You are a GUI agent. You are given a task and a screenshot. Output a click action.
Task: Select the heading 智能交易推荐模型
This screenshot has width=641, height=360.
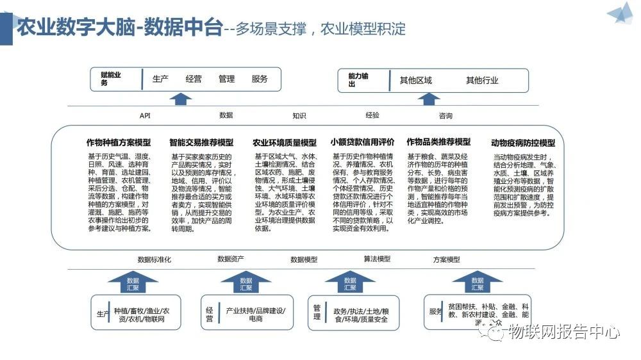[201, 142]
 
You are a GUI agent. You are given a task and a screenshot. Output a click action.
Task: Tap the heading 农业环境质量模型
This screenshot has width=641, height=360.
[284, 142]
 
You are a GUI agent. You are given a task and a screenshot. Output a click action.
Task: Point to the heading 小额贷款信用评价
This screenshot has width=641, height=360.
[362, 142]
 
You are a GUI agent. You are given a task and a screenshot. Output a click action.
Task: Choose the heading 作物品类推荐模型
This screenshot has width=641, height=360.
[438, 142]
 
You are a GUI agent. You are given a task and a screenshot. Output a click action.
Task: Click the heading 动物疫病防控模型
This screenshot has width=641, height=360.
[522, 143]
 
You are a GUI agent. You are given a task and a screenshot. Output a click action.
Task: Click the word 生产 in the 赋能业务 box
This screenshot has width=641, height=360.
[160, 79]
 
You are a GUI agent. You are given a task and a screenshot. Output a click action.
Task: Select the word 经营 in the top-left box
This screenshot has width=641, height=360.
[194, 79]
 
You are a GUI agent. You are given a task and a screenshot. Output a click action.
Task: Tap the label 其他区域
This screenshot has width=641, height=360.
[415, 81]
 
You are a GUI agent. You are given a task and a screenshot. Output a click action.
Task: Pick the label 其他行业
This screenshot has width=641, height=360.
[482, 81]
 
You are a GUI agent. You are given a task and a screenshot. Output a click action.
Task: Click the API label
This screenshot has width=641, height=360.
[145, 116]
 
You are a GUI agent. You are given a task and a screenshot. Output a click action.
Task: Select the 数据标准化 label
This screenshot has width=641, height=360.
[154, 259]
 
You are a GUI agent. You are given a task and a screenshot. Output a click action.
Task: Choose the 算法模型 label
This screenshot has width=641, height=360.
[377, 259]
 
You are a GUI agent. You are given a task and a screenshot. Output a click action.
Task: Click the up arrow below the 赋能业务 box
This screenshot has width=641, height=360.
[181, 99]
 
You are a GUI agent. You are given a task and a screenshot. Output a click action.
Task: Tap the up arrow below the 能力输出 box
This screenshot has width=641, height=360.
[428, 99]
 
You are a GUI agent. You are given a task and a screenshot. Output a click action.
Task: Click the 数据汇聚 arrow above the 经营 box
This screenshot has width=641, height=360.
[246, 282]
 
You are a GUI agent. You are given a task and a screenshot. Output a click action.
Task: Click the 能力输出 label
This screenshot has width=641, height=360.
[359, 80]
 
